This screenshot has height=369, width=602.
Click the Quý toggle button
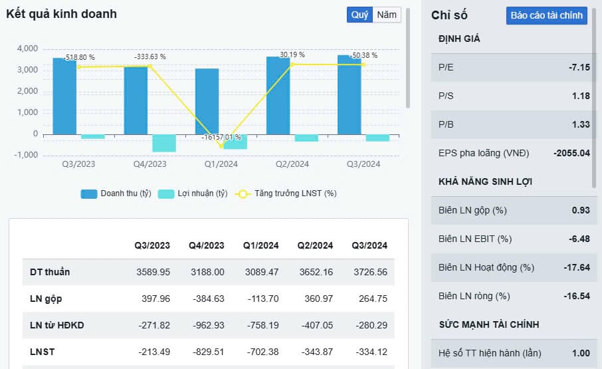click(359, 15)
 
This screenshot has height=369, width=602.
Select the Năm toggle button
click(387, 15)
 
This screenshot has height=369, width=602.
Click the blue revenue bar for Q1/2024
click(207, 101)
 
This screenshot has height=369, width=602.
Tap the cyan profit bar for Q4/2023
click(164, 142)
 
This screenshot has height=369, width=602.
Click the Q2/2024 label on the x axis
click(292, 164)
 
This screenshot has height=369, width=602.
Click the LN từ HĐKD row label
click(58, 325)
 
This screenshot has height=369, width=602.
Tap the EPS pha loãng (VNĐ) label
click(484, 153)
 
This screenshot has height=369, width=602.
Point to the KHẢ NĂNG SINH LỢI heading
click(485, 182)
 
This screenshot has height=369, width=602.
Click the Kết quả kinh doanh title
click(61, 14)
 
